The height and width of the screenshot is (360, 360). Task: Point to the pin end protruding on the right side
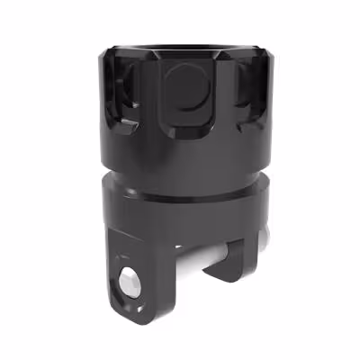[263, 236]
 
